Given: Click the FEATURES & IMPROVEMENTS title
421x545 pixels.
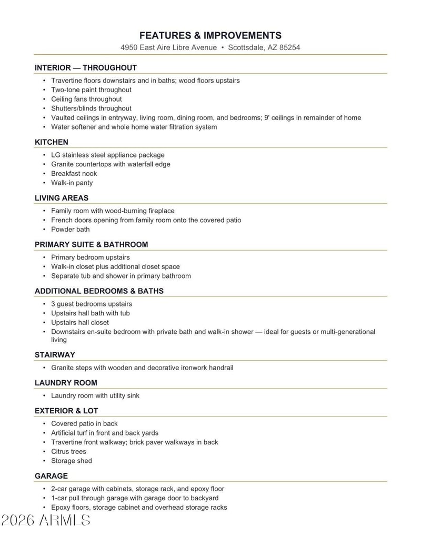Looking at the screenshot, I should pyautogui.click(x=210, y=35).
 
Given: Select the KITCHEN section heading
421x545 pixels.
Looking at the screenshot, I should pyautogui.click(x=52, y=142).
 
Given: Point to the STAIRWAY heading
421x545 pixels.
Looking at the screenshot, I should pyautogui.click(x=55, y=355).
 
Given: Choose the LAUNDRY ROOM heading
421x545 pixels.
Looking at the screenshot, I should pyautogui.click(x=66, y=383).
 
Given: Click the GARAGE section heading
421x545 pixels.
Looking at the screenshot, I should pyautogui.click(x=51, y=476).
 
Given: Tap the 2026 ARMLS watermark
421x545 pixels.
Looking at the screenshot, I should pyautogui.click(x=46, y=520).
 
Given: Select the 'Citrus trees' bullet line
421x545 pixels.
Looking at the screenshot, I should pyautogui.click(x=68, y=451).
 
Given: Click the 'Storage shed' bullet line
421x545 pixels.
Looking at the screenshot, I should pyautogui.click(x=71, y=461).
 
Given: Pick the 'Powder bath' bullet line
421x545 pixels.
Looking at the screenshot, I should pyautogui.click(x=70, y=229).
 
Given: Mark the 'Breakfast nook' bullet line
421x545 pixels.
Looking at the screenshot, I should pyautogui.click(x=74, y=173).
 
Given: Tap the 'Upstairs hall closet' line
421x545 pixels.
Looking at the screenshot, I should pyautogui.click(x=80, y=322).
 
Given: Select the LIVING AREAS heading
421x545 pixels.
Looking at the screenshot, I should pyautogui.click(x=62, y=198).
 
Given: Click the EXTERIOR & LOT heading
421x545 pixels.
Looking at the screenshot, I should pyautogui.click(x=66, y=411).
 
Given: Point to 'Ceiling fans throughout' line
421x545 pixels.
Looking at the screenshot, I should pyautogui.click(x=86, y=99).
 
